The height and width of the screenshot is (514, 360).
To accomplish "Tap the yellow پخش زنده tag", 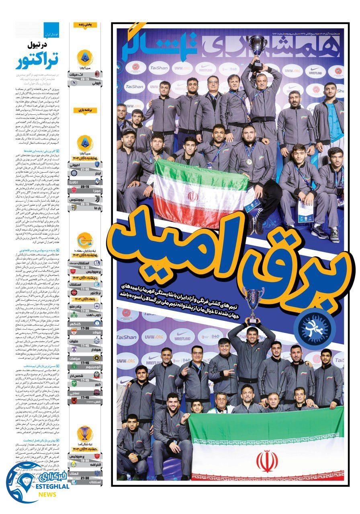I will point(85,25).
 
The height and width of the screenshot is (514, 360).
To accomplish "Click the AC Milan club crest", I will point(96,75).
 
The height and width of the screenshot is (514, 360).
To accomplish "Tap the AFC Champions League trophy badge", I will point(85,434).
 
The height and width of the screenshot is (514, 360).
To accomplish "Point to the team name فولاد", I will point(76,332).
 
